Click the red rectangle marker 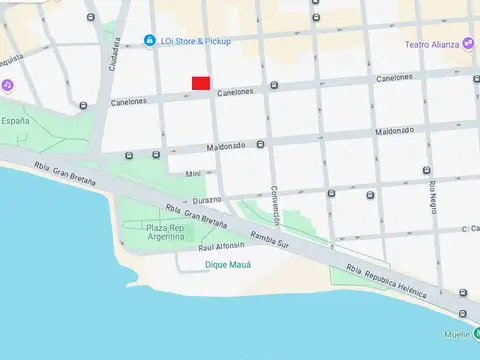[x=200, y=82]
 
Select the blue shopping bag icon [x=150, y=41]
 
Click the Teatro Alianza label [x=431, y=44]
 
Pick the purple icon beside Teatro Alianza [x=469, y=44]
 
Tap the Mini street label [x=194, y=174]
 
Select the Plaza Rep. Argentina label [x=165, y=233]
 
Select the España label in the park [x=15, y=120]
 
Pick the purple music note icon [x=8, y=86]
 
